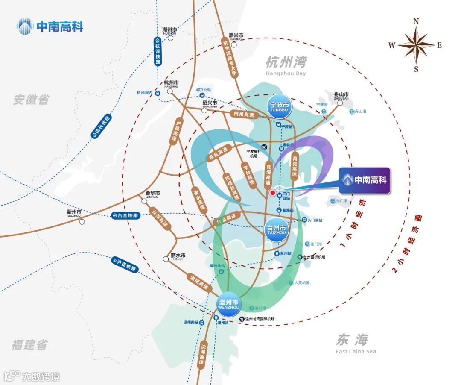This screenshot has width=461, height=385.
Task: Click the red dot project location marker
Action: (x=272, y=193)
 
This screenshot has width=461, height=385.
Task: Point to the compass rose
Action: (x=416, y=45)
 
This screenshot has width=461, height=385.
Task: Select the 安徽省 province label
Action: (x=31, y=100)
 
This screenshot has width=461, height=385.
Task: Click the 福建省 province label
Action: (x=29, y=344)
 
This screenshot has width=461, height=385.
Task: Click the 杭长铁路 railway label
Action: (x=101, y=127)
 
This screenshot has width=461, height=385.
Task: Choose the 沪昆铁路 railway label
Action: (x=125, y=265)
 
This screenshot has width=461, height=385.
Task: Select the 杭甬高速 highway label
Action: (x=243, y=115)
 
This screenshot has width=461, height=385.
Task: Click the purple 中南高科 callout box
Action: (x=365, y=180)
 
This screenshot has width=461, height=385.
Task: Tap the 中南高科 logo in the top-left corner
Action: (x=50, y=26)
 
